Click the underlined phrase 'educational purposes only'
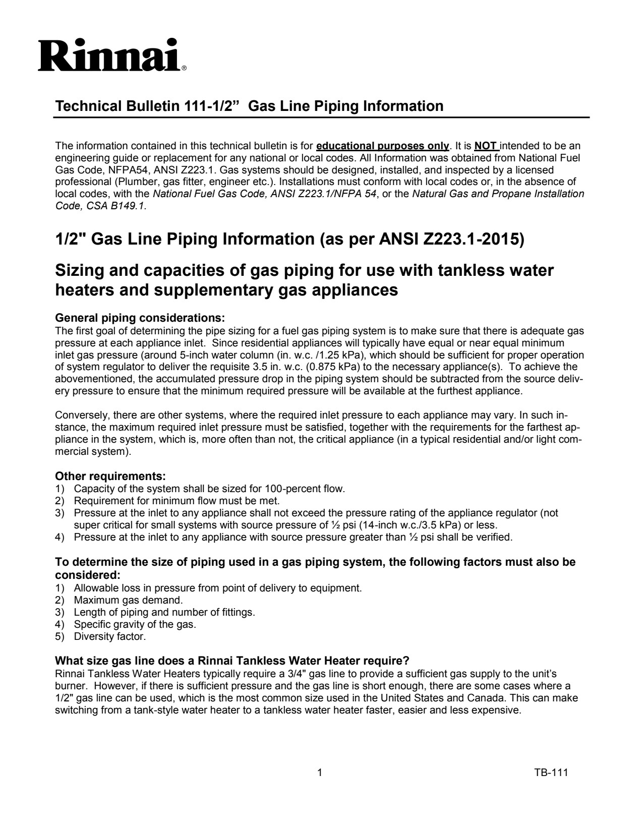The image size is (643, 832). (x=382, y=146)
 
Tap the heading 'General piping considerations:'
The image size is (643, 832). (x=139, y=318)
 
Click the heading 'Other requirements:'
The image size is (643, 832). (x=110, y=477)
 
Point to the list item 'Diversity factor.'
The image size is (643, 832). (x=110, y=636)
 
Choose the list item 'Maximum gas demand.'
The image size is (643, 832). (x=128, y=600)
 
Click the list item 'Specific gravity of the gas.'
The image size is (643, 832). (x=135, y=624)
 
